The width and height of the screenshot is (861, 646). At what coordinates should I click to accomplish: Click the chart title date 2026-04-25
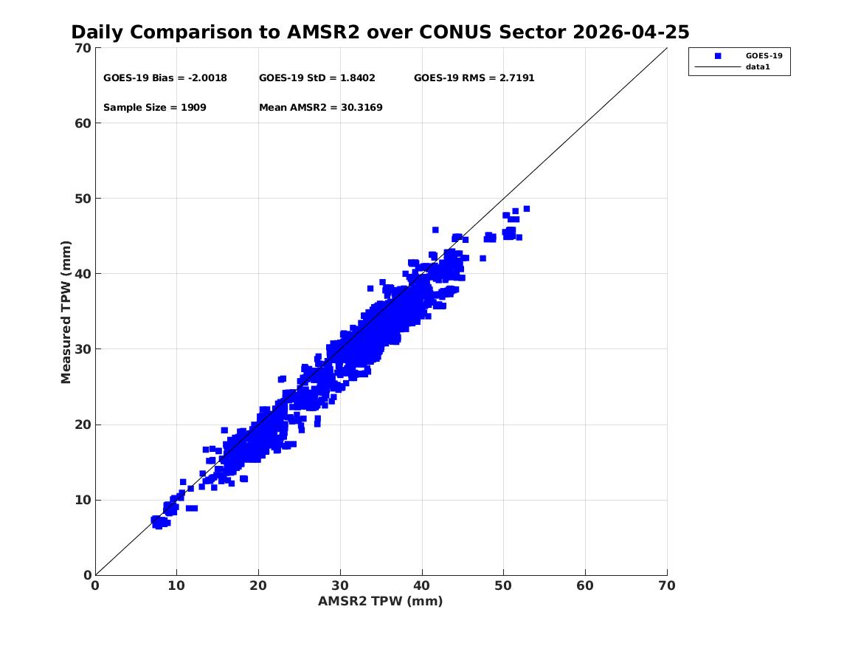coord(631,32)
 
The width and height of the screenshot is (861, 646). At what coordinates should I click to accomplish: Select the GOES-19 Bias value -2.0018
coord(207,78)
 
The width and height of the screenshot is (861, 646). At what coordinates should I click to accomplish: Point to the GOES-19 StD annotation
coord(317,78)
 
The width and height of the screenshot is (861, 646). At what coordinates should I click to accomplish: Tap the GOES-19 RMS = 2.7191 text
coord(474,78)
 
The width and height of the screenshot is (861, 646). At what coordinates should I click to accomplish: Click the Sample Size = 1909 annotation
coord(155,108)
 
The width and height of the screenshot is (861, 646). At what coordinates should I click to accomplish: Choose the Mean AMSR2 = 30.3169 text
coord(321,108)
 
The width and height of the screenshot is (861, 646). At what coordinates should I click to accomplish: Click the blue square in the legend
coord(718,56)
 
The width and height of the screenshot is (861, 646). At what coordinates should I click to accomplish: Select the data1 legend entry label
coord(758,67)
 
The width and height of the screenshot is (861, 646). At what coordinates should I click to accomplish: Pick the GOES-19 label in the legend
coord(764,56)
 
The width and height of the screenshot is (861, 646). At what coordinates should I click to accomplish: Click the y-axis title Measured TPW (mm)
coord(66,312)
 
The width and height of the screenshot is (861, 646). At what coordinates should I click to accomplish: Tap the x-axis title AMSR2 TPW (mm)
coord(381,602)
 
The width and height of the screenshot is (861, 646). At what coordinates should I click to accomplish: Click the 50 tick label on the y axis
coord(83,199)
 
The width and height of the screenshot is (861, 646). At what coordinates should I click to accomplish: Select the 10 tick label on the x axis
coord(176,585)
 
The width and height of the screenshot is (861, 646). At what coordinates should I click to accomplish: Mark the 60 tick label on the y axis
coord(83,123)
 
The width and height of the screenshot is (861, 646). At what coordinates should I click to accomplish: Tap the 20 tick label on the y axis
coord(83,425)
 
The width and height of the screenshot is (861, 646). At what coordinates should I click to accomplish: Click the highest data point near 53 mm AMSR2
coord(527,209)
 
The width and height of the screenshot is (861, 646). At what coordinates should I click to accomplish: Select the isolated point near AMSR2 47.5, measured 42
coord(483,258)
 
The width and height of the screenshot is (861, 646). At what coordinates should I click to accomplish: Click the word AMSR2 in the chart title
coord(323,32)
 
